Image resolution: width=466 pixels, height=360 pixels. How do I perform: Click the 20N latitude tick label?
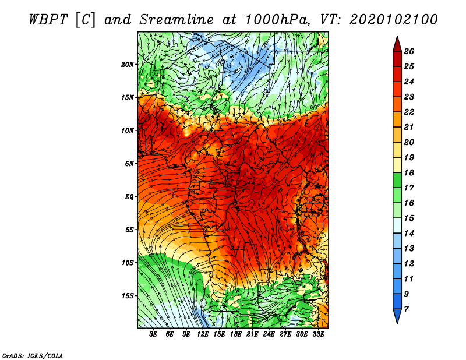(x=128, y=64)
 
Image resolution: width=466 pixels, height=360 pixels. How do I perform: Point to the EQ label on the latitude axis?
(x=129, y=196)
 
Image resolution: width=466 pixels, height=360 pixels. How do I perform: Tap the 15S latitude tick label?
(x=128, y=296)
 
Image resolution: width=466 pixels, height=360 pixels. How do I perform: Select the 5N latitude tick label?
(x=129, y=164)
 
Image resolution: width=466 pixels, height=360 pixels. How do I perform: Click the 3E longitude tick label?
(x=153, y=334)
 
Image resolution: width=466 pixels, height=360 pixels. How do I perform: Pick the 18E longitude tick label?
(x=236, y=334)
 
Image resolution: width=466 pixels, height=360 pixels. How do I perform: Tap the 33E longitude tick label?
(x=318, y=334)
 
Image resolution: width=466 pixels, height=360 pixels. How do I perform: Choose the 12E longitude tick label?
(x=203, y=334)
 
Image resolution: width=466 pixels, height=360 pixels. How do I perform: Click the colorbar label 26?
(x=409, y=51)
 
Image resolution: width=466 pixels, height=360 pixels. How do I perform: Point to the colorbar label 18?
(x=409, y=172)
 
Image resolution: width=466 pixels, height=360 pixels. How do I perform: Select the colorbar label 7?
(x=406, y=309)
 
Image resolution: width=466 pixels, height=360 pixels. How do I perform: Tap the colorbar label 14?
(x=409, y=234)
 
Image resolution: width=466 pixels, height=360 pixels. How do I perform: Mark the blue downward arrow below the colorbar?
(x=397, y=315)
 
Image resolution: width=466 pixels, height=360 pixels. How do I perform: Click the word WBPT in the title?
(x=49, y=20)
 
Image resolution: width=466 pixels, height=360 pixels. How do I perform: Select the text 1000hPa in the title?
(x=276, y=20)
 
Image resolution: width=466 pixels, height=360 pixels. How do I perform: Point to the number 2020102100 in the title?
(x=393, y=20)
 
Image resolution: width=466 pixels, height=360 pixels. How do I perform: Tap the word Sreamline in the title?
(x=176, y=20)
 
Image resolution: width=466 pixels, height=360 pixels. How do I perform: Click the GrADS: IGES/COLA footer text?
(x=33, y=355)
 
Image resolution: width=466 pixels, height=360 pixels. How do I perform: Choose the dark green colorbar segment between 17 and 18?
(x=397, y=180)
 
